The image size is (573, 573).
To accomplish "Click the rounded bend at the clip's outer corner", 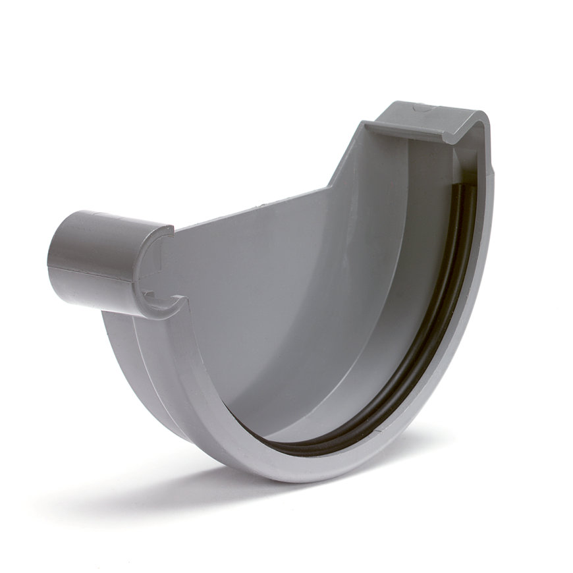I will click(x=481, y=122).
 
